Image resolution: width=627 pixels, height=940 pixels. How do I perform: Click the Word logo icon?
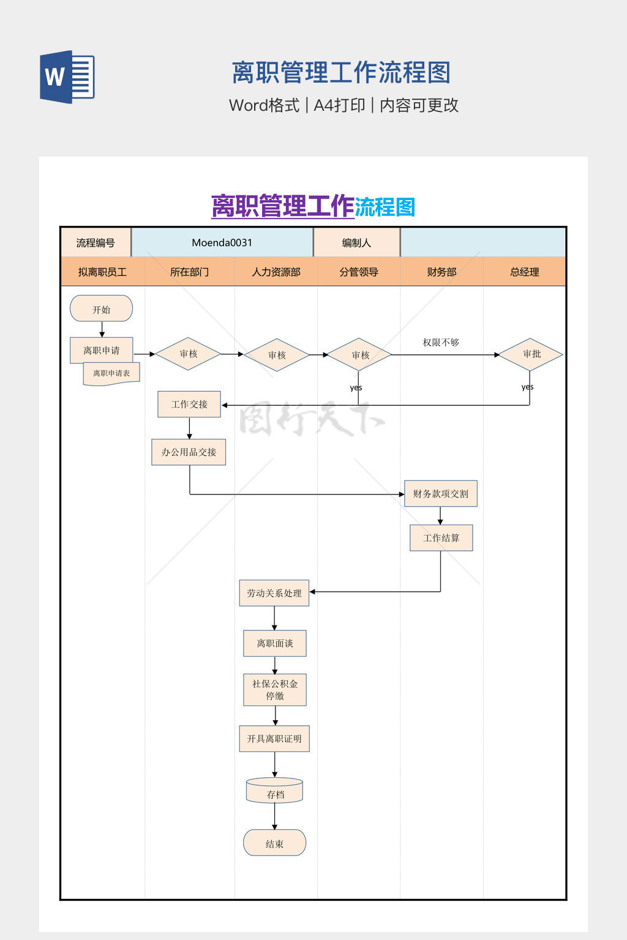pos(67,77)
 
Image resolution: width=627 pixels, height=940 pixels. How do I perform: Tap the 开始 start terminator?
pos(102,309)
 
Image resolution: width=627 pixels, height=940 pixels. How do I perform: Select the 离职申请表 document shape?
pos(111,373)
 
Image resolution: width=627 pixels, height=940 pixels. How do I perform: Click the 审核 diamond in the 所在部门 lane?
pos(189,354)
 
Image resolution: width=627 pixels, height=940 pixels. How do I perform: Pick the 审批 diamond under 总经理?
pos(530,354)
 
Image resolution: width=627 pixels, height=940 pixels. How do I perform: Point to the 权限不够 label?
pos(441,343)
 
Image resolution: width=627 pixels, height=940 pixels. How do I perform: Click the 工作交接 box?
pos(189,405)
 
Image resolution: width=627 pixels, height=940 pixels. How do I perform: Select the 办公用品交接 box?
pos(189,452)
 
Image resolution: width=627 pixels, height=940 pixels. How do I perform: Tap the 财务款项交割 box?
pos(440,494)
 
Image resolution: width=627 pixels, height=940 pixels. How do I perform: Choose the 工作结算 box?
pos(441,538)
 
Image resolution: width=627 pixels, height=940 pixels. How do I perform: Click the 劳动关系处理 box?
pos(274,593)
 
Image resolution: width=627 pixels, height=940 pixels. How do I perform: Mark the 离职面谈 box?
pos(275,643)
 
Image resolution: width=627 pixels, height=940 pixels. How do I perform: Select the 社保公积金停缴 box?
pos(275,690)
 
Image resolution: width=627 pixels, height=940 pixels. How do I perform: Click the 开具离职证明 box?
pos(274,739)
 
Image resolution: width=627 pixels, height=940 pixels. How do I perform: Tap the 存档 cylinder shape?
pos(275,791)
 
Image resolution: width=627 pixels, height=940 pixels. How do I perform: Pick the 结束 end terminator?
pos(275,843)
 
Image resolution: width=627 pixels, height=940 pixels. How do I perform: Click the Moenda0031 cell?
pos(222,243)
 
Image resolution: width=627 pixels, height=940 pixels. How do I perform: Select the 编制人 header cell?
pos(356,243)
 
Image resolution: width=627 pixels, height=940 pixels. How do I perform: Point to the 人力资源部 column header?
pos(276,272)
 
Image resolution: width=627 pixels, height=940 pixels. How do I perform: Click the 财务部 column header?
pos(441,272)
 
